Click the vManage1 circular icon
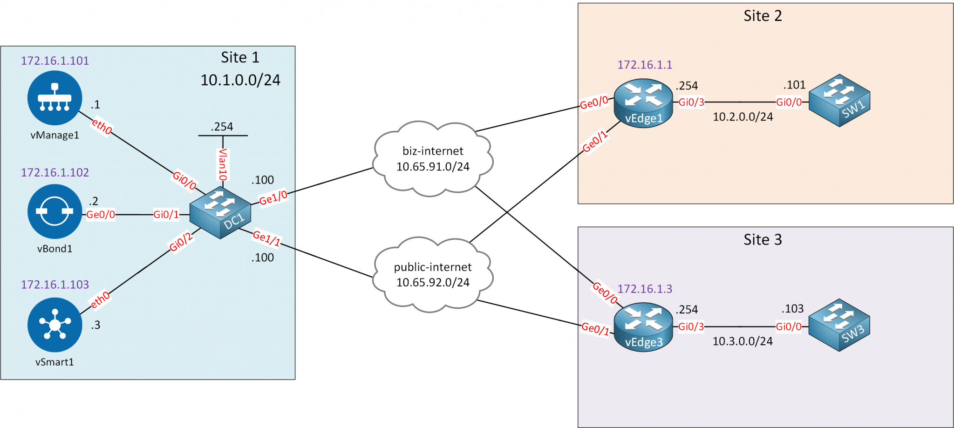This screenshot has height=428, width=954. (55, 98)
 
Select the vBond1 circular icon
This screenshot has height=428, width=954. (55, 211)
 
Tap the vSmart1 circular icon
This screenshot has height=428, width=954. (55, 325)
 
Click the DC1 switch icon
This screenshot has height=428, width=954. (220, 213)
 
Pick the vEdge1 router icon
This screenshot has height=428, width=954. (643, 103)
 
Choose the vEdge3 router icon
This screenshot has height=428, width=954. (643, 327)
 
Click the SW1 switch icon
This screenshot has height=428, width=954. (839, 101)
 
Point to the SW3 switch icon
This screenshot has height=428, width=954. (839, 325)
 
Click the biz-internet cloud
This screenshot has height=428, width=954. (432, 159)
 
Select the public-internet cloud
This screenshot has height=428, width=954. (432, 275)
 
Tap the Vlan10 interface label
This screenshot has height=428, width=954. (223, 164)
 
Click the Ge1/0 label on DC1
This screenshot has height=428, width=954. (273, 198)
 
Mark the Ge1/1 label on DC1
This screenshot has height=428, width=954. (266, 238)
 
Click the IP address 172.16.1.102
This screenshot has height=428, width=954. (55, 172)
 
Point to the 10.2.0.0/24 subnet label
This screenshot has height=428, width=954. (743, 117)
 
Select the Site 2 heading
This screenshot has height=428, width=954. (763, 16)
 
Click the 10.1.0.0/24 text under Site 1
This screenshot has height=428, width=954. (240, 80)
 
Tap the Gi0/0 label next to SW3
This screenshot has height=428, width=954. (788, 326)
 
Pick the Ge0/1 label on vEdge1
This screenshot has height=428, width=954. (595, 141)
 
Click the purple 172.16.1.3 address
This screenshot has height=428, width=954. (645, 289)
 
